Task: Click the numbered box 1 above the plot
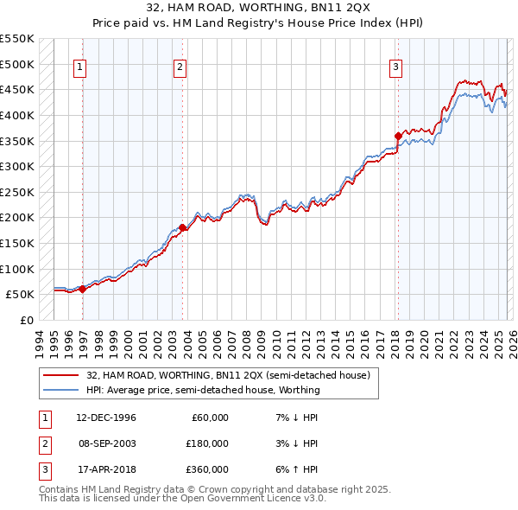point(79,68)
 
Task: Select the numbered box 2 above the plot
point(180,68)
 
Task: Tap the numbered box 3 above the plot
point(395,68)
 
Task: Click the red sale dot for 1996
point(83,290)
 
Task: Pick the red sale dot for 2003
point(182,228)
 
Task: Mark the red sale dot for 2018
point(398,136)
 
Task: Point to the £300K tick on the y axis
point(17,166)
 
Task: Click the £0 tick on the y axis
point(26,320)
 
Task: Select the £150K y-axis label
point(17,243)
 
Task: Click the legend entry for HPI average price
point(203,390)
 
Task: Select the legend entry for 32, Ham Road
point(228,375)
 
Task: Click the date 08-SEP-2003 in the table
point(106,443)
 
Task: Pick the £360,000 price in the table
point(208,469)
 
